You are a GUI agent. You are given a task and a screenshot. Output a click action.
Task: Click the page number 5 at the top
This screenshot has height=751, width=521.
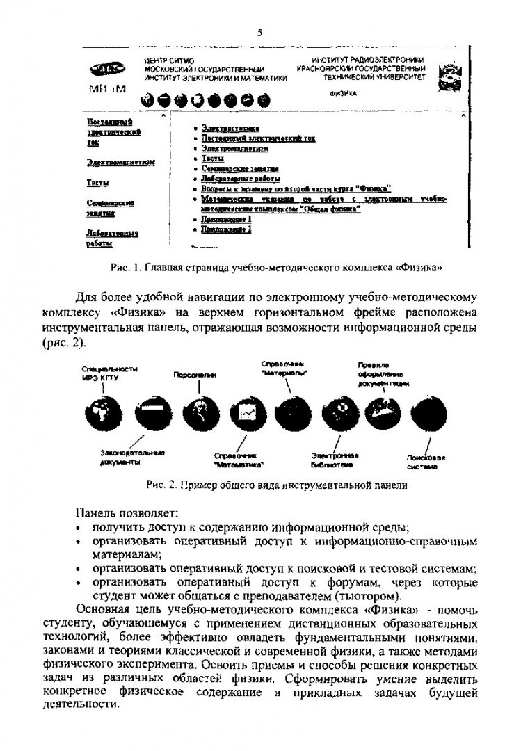[x=260, y=32]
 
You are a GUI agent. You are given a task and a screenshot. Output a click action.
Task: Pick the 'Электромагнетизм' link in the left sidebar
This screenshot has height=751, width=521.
[x=120, y=162]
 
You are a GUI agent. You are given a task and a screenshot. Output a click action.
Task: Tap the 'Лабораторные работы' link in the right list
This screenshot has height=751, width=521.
[x=230, y=178]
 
